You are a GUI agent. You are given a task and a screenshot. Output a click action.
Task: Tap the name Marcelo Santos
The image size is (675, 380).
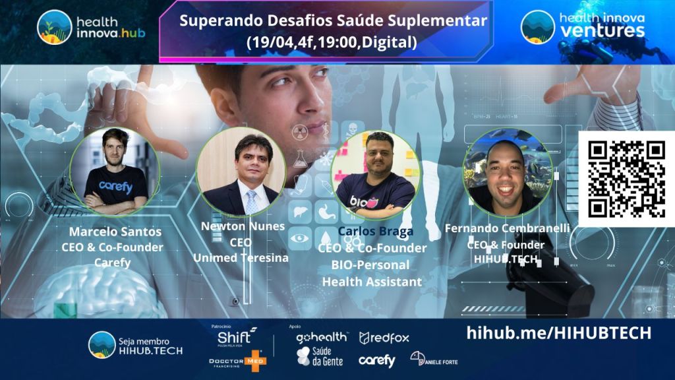pyautogui.click(x=115, y=232)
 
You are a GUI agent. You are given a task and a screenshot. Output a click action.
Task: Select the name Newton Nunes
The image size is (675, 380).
pyautogui.click(x=243, y=226)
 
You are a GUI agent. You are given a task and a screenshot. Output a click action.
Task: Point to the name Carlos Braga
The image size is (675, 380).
pyautogui.click(x=376, y=232)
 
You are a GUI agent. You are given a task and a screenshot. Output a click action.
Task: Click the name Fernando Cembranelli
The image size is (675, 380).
pyautogui.click(x=507, y=228)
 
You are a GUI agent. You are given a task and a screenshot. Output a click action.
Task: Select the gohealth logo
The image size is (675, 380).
pyautogui.click(x=321, y=338)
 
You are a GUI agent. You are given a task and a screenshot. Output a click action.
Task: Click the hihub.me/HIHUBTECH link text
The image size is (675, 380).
pyautogui.click(x=558, y=332)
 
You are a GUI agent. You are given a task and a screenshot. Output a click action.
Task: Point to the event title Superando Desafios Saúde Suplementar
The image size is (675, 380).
pyautogui.click(x=333, y=21)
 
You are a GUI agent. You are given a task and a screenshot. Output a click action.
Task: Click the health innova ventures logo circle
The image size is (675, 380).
pyautogui.click(x=537, y=27)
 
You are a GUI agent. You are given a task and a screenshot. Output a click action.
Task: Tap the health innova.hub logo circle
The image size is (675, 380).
pyautogui.click(x=54, y=27)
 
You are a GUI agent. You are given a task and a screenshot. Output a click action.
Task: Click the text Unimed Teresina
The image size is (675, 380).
pyautogui.click(x=241, y=258)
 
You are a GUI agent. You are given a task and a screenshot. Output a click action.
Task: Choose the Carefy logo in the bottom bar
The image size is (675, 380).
pyautogui.click(x=376, y=360)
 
